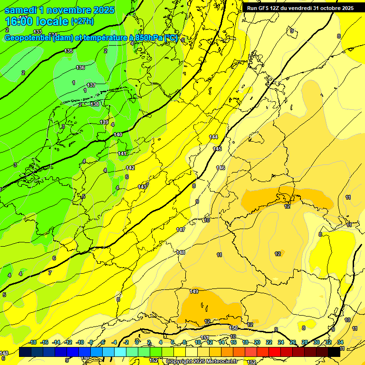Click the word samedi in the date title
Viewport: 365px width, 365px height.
coord(21,10)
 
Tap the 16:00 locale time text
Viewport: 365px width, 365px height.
coord(36,21)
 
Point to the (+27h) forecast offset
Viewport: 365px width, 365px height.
coord(82,21)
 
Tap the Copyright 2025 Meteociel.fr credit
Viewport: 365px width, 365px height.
coord(201,362)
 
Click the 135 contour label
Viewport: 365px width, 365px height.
coord(69,51)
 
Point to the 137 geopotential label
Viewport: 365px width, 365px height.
coord(91,85)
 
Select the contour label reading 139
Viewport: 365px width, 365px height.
coord(104,122)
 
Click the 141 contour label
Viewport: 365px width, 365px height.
coord(122,154)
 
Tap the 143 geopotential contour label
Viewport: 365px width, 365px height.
coord(142,187)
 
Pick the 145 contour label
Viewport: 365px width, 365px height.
coord(217,149)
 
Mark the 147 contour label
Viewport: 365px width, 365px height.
coord(181,230)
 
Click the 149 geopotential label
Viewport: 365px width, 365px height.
coord(194,291)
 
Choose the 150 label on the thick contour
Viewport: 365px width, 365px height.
coord(233,328)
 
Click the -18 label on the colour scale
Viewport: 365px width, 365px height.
coord(33,342)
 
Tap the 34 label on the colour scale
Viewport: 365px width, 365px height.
coord(340,342)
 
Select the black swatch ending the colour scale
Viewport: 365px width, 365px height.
coord(334,352)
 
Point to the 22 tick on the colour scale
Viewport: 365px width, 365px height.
coord(269,342)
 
